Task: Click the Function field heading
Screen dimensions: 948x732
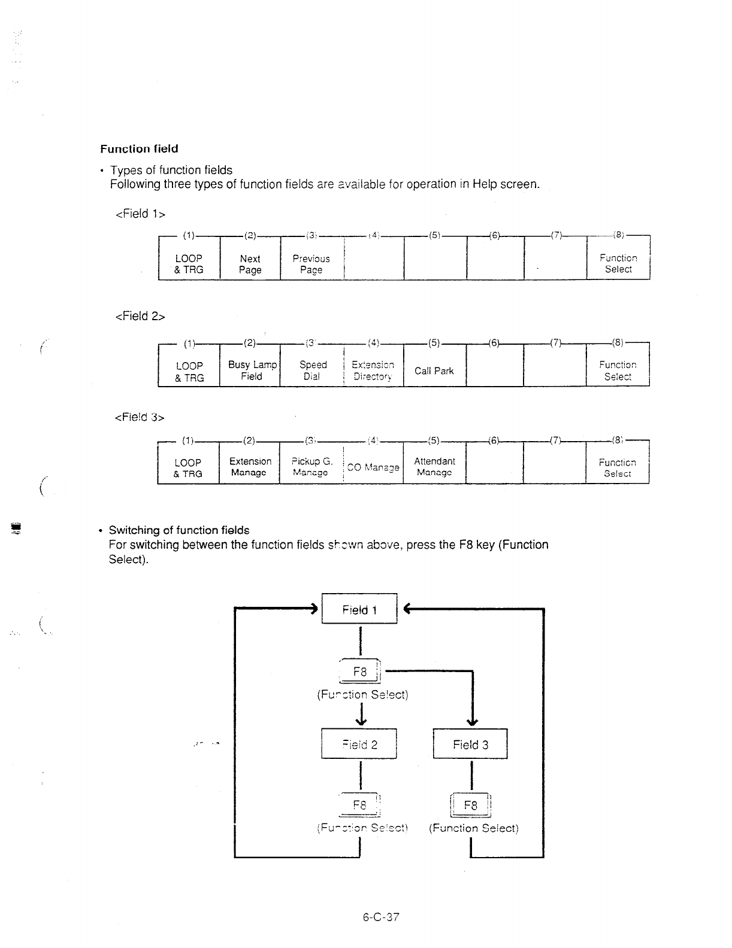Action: [139, 148]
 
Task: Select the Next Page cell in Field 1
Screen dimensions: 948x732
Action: [250, 264]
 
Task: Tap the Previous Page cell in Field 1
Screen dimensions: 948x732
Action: [311, 264]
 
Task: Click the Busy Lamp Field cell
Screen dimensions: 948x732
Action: [252, 370]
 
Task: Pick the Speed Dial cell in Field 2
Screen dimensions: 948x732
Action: [312, 370]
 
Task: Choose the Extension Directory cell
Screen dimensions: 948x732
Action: [373, 370]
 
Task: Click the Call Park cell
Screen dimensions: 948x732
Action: [434, 370]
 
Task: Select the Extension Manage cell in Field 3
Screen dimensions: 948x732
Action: [250, 467]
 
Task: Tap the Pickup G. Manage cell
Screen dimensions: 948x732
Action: [311, 467]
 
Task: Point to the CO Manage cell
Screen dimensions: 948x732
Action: [373, 467]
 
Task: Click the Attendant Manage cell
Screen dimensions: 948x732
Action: [434, 467]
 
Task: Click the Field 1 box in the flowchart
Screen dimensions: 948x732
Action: [359, 609]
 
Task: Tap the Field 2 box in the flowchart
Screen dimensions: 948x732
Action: [359, 745]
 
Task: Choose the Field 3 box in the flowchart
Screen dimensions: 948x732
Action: [470, 745]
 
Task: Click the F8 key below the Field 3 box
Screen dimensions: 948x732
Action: [471, 805]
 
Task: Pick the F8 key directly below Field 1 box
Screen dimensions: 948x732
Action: [360, 671]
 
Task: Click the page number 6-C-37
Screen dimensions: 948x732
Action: [381, 917]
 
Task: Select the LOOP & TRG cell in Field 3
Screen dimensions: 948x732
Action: [188, 467]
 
